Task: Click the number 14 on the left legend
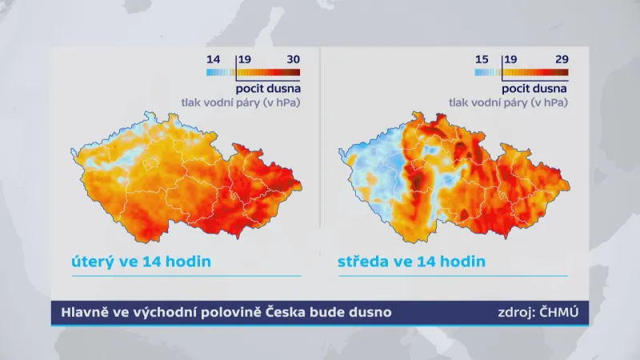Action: pos(213,59)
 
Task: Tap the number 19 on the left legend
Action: pos(245,59)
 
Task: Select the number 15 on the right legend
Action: pos(481,59)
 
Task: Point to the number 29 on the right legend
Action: pos(560,59)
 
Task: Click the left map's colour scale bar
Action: pos(253,72)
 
